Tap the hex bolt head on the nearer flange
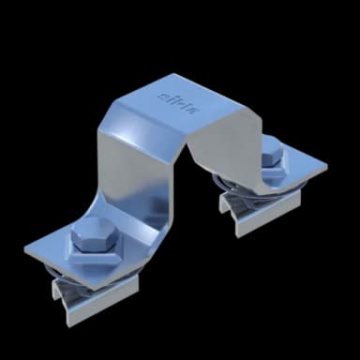click(x=92, y=240)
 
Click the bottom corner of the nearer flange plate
click(x=89, y=299)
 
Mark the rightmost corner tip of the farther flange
click(x=327, y=169)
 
